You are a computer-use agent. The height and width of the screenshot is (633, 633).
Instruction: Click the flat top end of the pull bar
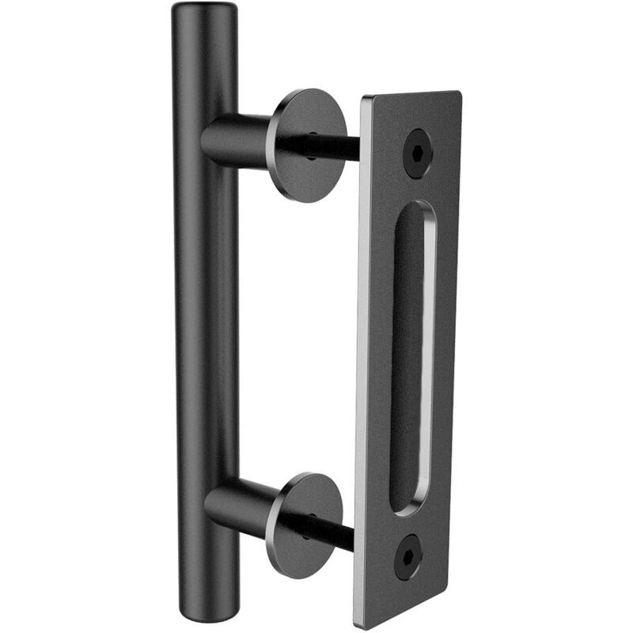(204, 9)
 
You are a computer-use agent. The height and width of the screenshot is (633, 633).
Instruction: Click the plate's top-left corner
(365, 100)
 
